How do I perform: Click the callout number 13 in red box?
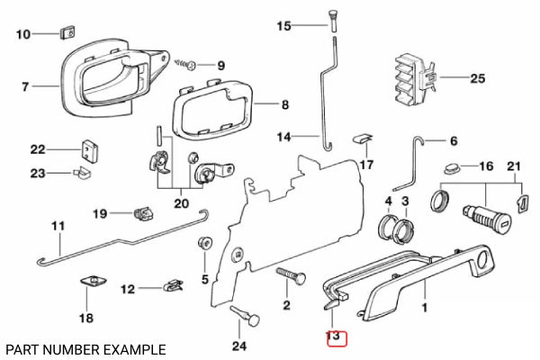[x=335, y=338]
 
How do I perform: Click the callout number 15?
[x=284, y=25]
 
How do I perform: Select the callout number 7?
[x=26, y=87]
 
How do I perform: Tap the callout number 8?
[x=284, y=105]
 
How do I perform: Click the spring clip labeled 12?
[x=169, y=289]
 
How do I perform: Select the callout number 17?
[x=366, y=165]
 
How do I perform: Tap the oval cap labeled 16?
[x=450, y=167]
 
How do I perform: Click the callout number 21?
[x=514, y=167]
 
